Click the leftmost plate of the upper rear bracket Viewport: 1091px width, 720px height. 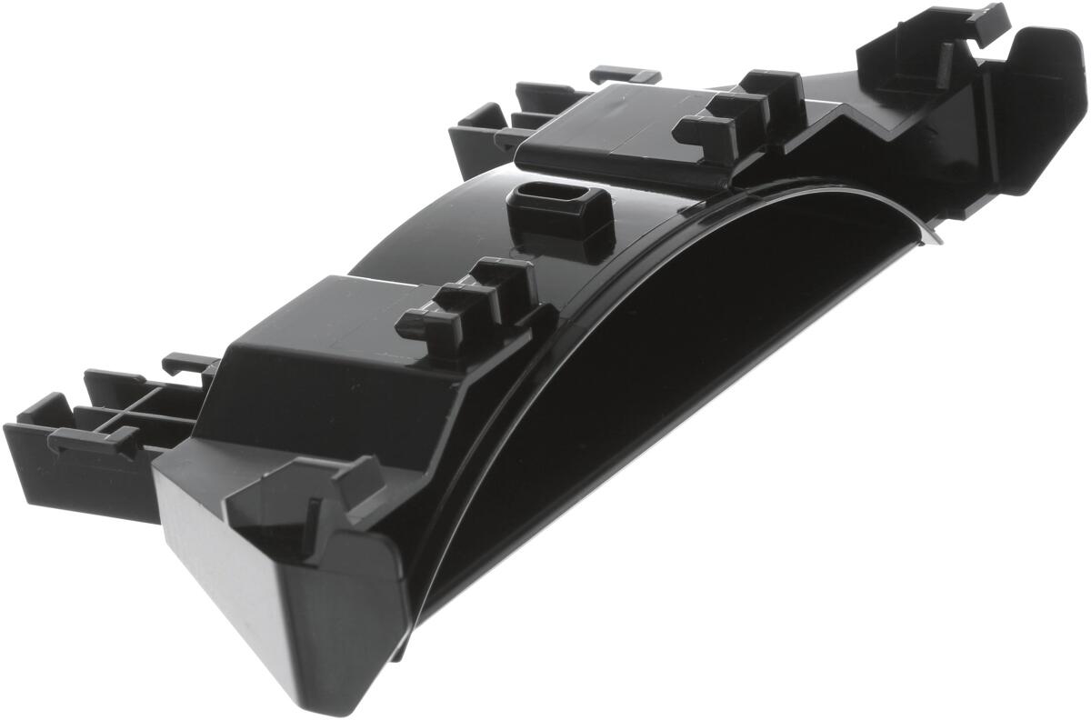pos(473,136)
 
